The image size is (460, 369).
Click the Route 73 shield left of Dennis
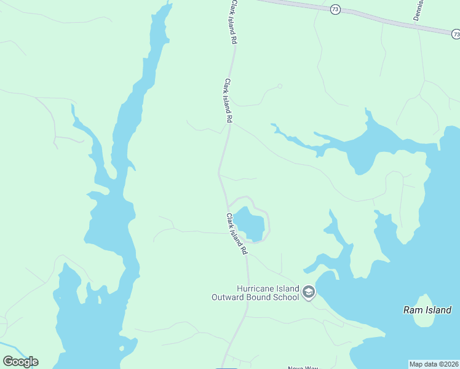(335, 9)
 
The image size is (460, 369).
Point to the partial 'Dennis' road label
(419, 10)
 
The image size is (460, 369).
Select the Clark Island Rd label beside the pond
(236, 234)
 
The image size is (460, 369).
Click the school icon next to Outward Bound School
(309, 292)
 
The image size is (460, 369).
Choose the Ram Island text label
(427, 310)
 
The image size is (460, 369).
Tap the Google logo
(20, 362)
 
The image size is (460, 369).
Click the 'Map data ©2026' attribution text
(434, 364)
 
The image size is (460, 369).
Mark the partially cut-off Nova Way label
(303, 367)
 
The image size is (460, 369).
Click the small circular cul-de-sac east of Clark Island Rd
(280, 86)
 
